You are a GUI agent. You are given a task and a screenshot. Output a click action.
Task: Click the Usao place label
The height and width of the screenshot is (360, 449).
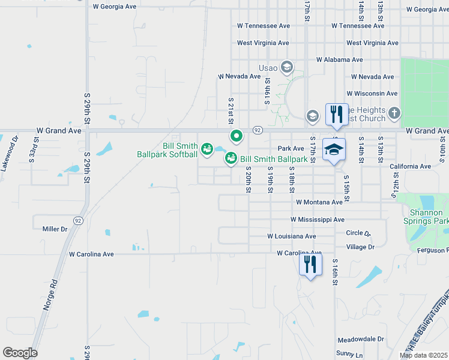click(x=268, y=67)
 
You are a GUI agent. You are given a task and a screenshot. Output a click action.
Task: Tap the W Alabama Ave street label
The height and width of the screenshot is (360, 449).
click(x=340, y=60)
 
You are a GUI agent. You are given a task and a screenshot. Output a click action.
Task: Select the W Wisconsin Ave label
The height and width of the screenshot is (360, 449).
click(x=372, y=94)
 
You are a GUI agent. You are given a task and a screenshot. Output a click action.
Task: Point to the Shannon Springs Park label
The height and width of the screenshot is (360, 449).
click(x=429, y=217)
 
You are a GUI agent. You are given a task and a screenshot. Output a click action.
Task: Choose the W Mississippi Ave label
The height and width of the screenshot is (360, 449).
click(x=318, y=220)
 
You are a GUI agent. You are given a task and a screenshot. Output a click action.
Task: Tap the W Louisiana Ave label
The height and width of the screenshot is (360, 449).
click(x=292, y=236)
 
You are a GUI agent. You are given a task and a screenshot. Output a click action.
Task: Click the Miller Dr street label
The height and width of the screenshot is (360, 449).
click(x=55, y=229)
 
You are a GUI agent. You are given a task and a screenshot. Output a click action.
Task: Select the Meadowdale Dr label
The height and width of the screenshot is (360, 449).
click(x=360, y=339)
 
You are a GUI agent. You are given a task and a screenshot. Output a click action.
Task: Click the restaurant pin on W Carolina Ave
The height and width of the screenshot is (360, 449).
click(x=310, y=265)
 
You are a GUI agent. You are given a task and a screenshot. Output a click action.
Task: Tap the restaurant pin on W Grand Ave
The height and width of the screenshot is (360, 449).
click(x=336, y=113)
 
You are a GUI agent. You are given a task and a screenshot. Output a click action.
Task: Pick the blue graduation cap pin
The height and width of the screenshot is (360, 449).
click(x=334, y=149)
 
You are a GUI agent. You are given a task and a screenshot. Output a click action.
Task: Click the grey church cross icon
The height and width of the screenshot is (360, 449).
click(x=394, y=113)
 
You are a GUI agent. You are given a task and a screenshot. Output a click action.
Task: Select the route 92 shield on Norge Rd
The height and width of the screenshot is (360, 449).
click(x=78, y=221)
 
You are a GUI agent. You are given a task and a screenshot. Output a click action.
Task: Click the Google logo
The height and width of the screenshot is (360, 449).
click(x=20, y=353)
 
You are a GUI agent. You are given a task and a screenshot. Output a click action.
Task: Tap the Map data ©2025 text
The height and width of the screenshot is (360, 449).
click(x=423, y=355)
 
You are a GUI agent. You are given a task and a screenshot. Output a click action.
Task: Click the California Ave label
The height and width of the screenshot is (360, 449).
click(x=410, y=166)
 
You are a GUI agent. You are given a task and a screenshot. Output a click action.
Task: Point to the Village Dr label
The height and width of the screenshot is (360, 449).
click(x=360, y=247)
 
